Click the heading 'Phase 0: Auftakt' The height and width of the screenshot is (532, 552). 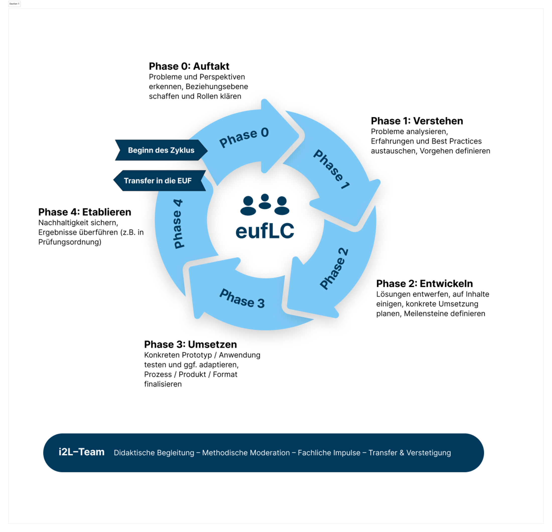coord(189,66)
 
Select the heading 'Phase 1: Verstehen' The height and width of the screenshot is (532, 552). coord(417,121)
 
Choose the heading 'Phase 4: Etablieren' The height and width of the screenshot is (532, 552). coord(85,212)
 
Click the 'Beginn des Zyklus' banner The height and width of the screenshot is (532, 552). coord(161,150)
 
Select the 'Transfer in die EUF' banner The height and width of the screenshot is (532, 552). coord(158,181)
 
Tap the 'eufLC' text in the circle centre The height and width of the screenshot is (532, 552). coord(265,231)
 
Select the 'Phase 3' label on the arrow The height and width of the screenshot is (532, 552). coord(242,298)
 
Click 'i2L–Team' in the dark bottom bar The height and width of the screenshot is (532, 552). coord(81,452)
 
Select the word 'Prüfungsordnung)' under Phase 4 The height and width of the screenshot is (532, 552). coord(70,242)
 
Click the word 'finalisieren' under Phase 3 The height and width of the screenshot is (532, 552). coord(163,384)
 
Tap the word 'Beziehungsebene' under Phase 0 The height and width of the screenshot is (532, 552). coord(217,87)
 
